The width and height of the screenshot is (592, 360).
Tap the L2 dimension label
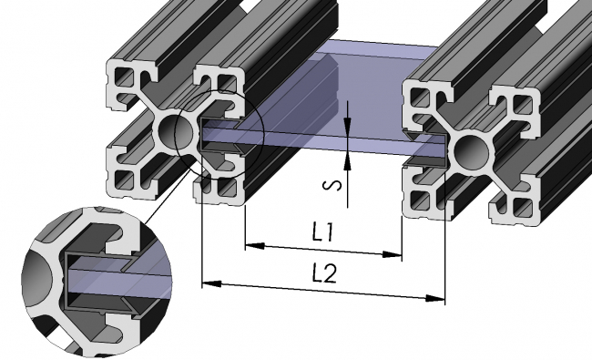point(324,273)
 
